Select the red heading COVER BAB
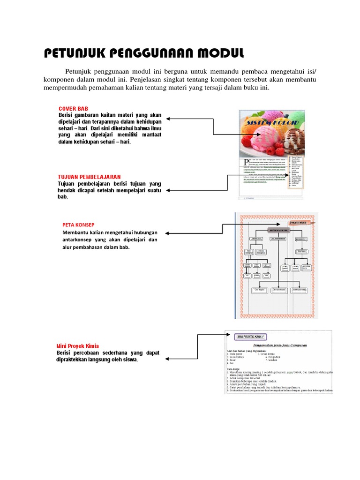73,109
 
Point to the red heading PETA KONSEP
78,225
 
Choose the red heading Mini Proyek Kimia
78,346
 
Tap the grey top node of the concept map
278,230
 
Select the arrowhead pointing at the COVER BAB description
168,119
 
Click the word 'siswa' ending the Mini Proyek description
131,360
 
